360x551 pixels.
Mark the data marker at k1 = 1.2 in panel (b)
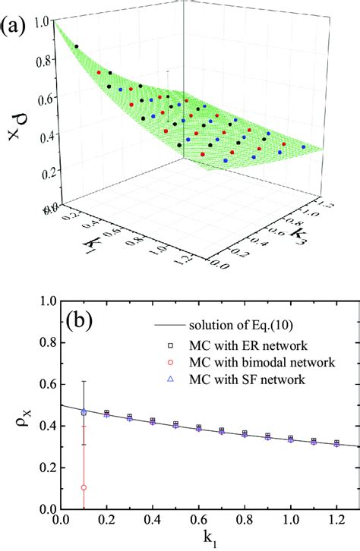click(x=336, y=442)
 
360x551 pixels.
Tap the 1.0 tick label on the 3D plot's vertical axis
click(x=38, y=22)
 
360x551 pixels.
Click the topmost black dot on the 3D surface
click(x=77, y=47)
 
